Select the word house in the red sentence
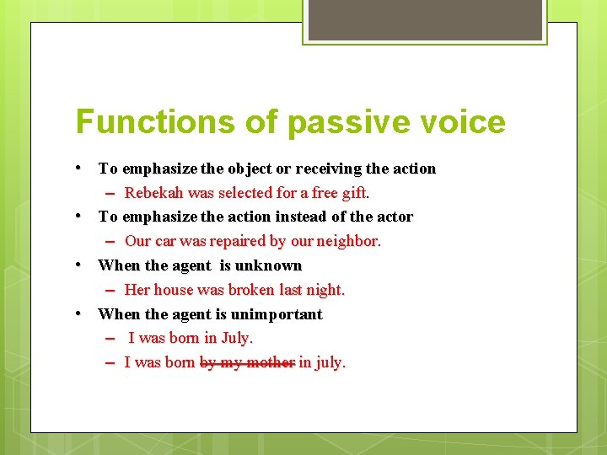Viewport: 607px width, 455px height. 176,290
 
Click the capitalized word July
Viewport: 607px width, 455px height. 236,338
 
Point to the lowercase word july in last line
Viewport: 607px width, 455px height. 330,362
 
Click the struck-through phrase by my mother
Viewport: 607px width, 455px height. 247,362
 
